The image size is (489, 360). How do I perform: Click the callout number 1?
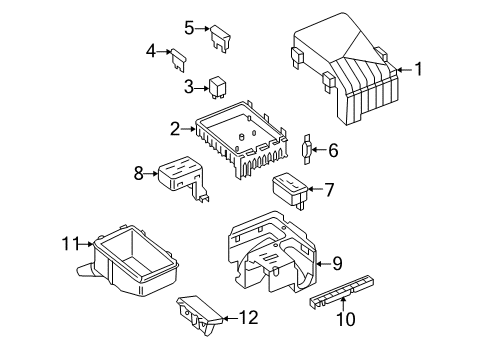click(418, 69)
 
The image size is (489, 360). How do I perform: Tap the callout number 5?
click(189, 28)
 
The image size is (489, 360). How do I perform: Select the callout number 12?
click(249, 318)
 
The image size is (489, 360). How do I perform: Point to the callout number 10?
click(346, 319)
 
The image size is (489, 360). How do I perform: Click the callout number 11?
click(71, 244)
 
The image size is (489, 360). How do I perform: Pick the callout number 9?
click(337, 263)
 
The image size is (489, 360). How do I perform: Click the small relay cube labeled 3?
click(216, 88)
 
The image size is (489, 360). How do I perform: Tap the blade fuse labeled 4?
click(178, 60)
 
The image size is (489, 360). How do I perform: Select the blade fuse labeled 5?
click(220, 39)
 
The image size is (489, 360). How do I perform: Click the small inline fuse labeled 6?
click(307, 150)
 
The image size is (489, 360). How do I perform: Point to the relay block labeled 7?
click(290, 191)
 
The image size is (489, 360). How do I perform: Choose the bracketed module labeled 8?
click(184, 178)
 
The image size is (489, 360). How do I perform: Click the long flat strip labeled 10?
click(342, 290)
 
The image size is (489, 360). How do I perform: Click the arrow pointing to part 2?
click(189, 129)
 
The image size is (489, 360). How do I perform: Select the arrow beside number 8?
click(151, 173)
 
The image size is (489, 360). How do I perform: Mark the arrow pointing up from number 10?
click(343, 304)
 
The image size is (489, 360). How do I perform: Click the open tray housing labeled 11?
click(130, 262)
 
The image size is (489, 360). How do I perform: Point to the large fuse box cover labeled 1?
click(347, 70)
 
